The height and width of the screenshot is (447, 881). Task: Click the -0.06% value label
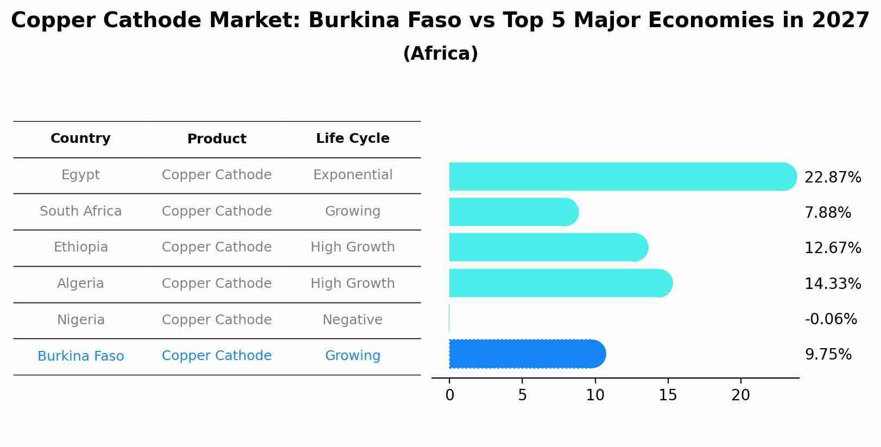[831, 319]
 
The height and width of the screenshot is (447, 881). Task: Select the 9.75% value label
[828, 355]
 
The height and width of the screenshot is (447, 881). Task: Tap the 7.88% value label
[827, 212]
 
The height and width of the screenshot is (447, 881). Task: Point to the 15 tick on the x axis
[668, 395]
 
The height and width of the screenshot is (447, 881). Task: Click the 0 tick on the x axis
[449, 395]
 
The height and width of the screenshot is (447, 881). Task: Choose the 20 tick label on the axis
[740, 395]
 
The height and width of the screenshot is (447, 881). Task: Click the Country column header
[80, 138]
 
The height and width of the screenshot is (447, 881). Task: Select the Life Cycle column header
[352, 138]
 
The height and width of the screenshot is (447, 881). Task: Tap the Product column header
[217, 139]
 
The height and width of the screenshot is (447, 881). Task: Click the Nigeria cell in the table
[80, 320]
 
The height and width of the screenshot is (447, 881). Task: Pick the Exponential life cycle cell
[352, 175]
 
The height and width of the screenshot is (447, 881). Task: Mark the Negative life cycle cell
[352, 320]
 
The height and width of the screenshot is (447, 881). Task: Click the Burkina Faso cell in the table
[80, 356]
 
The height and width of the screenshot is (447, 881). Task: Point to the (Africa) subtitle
[440, 54]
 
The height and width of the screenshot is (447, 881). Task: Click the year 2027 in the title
[841, 21]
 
